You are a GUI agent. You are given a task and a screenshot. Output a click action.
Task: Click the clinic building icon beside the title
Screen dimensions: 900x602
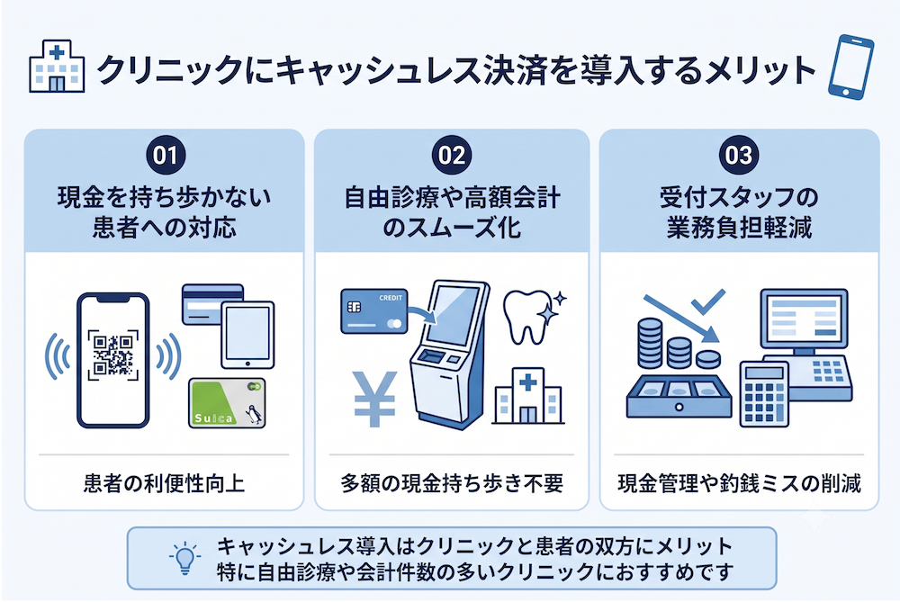tap(57, 66)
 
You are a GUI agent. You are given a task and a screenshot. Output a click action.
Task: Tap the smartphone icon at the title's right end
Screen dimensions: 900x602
tap(851, 67)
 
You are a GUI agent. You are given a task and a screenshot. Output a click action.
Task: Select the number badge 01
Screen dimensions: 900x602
tap(166, 155)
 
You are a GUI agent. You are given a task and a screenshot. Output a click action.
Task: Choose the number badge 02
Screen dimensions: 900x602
tap(452, 155)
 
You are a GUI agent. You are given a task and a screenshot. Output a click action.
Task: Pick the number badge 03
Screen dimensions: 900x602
tap(739, 155)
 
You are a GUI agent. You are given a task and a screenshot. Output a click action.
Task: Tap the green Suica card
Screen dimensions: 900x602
tap(228, 403)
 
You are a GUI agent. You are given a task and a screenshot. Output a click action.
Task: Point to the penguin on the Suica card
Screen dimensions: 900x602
tap(253, 414)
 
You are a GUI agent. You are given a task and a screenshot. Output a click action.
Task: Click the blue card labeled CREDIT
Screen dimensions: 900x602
tap(374, 311)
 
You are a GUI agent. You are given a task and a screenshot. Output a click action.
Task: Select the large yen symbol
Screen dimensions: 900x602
tap(374, 399)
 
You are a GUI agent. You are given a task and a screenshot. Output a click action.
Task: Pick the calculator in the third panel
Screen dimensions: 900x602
tap(764, 394)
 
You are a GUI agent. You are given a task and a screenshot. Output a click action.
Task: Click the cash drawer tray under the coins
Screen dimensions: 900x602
tap(679, 397)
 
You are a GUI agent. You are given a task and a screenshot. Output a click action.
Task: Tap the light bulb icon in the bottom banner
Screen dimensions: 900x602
tap(184, 557)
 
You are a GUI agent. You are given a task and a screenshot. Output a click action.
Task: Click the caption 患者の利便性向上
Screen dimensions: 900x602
tap(164, 483)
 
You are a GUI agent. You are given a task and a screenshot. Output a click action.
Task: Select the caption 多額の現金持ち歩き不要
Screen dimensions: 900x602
tap(452, 483)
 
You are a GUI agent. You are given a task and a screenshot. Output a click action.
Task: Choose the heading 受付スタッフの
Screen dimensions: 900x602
tap(739, 197)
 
